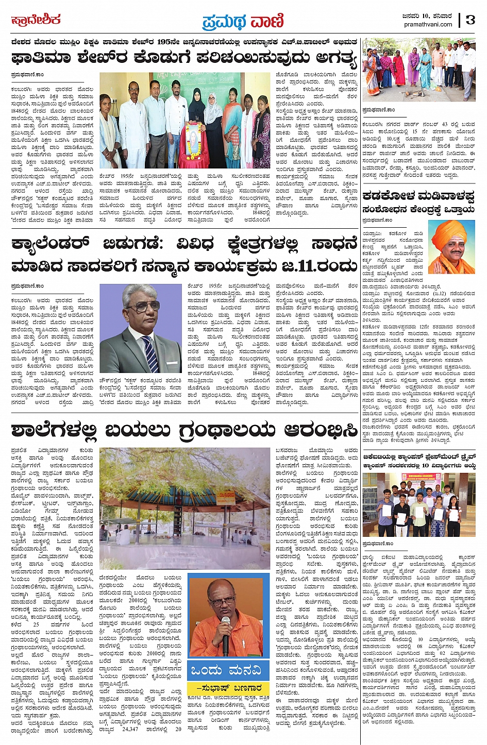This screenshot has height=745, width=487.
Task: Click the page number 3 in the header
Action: [471, 20]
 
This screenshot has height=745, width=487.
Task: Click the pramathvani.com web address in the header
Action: [428, 24]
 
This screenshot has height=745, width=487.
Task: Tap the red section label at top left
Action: [36, 20]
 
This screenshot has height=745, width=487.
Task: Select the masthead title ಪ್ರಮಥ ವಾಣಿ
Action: [243, 21]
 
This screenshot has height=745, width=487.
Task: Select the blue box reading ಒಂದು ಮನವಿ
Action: [228, 670]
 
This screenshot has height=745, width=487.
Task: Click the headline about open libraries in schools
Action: [184, 430]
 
